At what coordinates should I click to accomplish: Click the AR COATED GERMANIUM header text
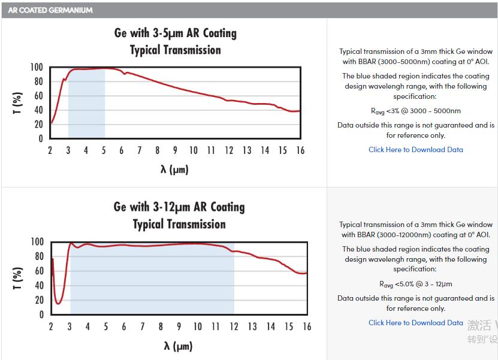50,10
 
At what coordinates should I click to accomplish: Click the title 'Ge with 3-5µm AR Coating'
175,33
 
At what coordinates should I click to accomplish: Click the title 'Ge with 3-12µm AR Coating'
179,207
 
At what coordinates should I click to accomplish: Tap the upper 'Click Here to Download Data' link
415,150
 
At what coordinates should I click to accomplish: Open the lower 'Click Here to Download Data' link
415,323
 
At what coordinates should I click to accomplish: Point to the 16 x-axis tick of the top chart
300,150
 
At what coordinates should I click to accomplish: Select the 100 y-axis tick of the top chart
36,67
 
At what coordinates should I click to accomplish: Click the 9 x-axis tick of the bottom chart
179,326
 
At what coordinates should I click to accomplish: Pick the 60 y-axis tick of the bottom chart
38,271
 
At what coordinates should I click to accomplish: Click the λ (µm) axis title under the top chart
174,170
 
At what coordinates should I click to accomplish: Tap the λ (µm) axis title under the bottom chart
179,346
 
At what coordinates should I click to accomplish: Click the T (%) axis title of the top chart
17,102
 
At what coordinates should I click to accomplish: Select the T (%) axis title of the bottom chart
18,278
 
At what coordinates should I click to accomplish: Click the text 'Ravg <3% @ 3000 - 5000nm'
415,111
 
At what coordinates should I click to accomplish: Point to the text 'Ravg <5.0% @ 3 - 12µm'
415,284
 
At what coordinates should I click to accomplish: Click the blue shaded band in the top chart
86,105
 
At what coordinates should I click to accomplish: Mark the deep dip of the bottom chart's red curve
58,302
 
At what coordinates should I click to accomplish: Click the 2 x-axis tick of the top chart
50,150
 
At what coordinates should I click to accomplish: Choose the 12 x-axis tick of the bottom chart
234,326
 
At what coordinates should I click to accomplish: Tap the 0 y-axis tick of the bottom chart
41,314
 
